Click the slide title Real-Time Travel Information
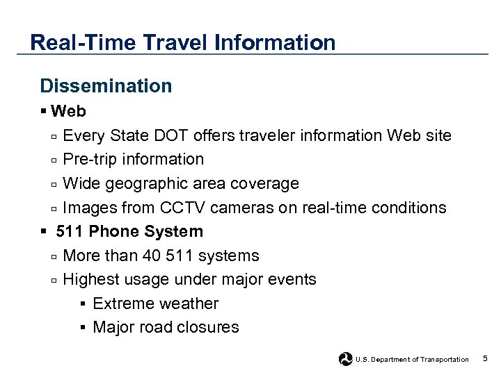coord(182,42)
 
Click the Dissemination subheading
coord(106,86)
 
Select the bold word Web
coord(68,111)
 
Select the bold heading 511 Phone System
coord(129,231)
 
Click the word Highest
coord(89,280)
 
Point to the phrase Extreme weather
coord(155,303)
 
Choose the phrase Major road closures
coord(166,328)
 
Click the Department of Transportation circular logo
coord(345,359)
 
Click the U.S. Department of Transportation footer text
coord(412,360)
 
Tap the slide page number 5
coord(485,359)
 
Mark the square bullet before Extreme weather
coord(82,304)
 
